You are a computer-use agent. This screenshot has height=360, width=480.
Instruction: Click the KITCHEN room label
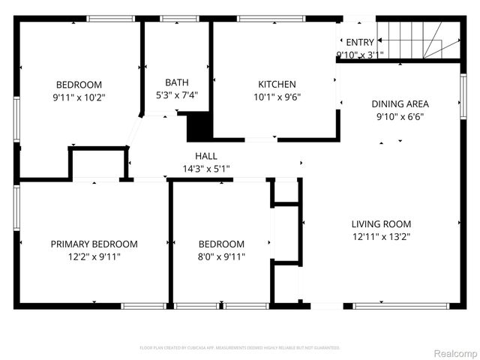point(277,84)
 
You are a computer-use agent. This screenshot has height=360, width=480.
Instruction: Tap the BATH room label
point(177,82)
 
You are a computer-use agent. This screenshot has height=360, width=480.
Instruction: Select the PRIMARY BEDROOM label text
point(94,244)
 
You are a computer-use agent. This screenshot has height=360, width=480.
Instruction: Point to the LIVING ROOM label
point(381,223)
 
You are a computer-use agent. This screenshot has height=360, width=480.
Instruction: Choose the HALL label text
point(206,155)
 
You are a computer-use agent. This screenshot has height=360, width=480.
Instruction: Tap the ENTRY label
point(359,42)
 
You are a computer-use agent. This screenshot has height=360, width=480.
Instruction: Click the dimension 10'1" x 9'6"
point(277,96)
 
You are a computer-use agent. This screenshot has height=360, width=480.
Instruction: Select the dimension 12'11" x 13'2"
point(381,236)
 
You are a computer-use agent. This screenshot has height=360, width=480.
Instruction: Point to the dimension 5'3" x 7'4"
point(177,94)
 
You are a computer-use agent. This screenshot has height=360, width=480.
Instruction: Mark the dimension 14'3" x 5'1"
point(206,169)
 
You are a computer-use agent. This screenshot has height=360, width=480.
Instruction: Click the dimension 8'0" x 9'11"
point(221,256)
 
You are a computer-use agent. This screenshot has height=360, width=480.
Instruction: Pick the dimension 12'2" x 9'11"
point(94,256)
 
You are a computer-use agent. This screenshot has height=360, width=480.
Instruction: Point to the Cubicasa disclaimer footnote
point(240,348)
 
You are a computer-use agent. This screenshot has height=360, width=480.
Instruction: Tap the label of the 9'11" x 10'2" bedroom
point(79,85)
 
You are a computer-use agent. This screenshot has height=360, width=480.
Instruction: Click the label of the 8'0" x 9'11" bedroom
point(221,244)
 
